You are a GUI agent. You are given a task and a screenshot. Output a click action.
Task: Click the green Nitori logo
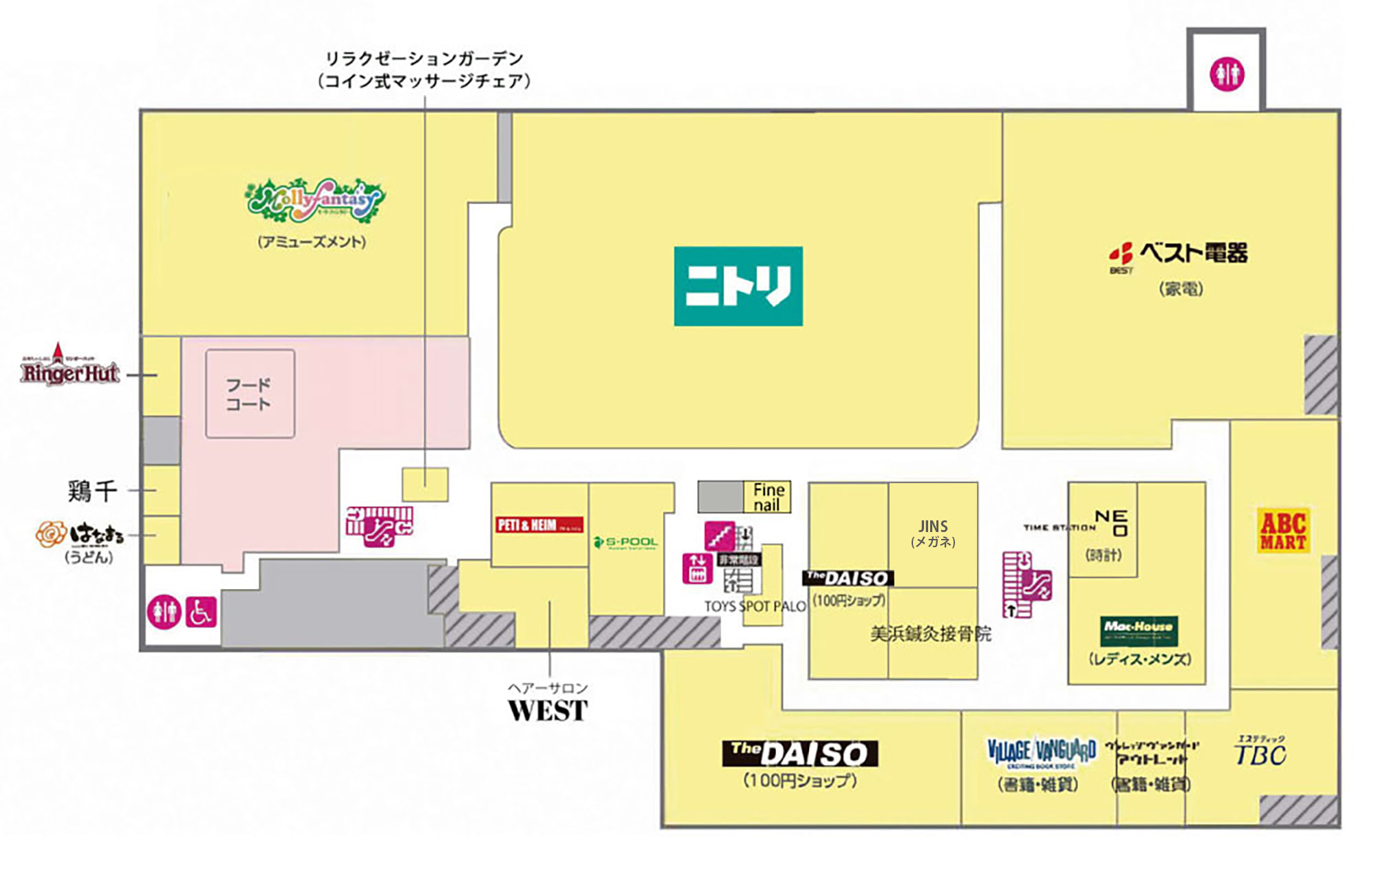coord(738,286)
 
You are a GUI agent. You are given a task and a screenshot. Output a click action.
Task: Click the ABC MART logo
coord(1282,530)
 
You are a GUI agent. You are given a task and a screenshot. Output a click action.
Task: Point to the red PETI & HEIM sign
coord(539,524)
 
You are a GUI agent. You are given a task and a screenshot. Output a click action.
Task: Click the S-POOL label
coord(625,542)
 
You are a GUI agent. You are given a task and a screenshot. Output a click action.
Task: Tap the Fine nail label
coord(768,497)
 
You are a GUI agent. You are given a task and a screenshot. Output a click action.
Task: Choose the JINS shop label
coord(933,533)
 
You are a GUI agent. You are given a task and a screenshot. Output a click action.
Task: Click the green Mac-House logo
coord(1139,630)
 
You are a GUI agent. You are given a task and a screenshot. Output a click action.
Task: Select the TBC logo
coord(1260,753)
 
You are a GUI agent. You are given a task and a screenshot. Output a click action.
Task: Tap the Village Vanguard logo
coord(1041,753)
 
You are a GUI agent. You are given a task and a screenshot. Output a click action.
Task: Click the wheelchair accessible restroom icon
coord(200,612)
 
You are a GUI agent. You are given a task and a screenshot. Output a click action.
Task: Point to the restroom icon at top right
coord(1227,74)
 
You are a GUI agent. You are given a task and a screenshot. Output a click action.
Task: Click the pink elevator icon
coord(697,569)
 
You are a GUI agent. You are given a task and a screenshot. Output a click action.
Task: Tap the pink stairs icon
coord(720,535)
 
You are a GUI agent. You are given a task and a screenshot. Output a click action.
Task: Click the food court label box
coord(250,394)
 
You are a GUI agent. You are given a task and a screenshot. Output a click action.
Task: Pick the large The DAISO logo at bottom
coord(799,754)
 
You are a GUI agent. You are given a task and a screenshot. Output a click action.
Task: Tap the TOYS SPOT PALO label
coord(755,606)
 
